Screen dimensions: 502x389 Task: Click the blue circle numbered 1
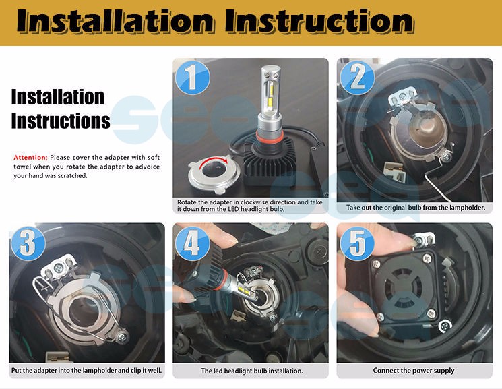(x=193, y=78)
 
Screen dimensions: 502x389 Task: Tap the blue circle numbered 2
(x=357, y=78)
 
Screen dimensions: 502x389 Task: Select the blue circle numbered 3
(x=28, y=243)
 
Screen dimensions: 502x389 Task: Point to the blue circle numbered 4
(x=193, y=243)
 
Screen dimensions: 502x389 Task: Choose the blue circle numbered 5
(x=357, y=243)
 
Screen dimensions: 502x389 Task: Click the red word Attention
(x=30, y=158)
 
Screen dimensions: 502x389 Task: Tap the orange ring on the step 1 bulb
(x=270, y=138)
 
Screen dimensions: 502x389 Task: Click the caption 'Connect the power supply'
(x=414, y=371)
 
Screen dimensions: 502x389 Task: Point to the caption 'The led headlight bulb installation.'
(x=252, y=371)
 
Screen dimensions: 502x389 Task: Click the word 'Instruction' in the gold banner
(x=319, y=21)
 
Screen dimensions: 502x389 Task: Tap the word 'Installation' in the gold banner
(x=115, y=21)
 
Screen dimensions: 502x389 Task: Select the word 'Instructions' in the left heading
(x=61, y=121)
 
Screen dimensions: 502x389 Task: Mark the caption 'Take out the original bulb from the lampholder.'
(x=416, y=208)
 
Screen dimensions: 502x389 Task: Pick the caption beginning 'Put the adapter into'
(x=86, y=371)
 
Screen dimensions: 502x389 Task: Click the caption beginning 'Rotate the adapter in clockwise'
(x=250, y=206)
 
